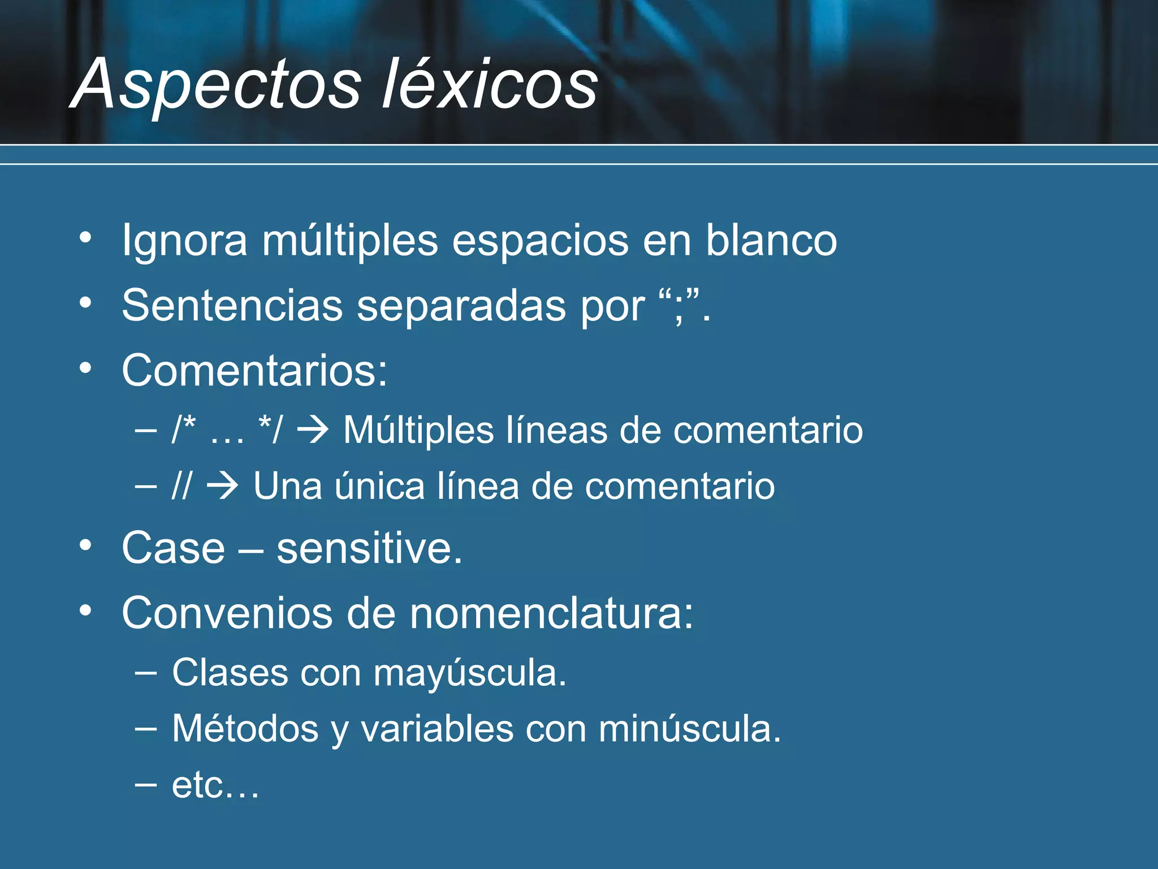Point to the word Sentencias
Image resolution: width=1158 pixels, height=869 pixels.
(232, 306)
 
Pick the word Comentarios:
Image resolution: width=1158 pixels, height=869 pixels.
(254, 371)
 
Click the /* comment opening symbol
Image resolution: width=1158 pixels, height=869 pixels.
(184, 430)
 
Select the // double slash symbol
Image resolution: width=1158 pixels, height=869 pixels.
(182, 486)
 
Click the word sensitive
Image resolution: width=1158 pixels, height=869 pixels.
(369, 548)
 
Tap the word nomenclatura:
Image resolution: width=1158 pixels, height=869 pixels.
(551, 613)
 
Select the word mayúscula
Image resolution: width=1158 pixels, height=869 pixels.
(469, 673)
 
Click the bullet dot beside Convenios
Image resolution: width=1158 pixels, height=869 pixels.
(85, 610)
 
